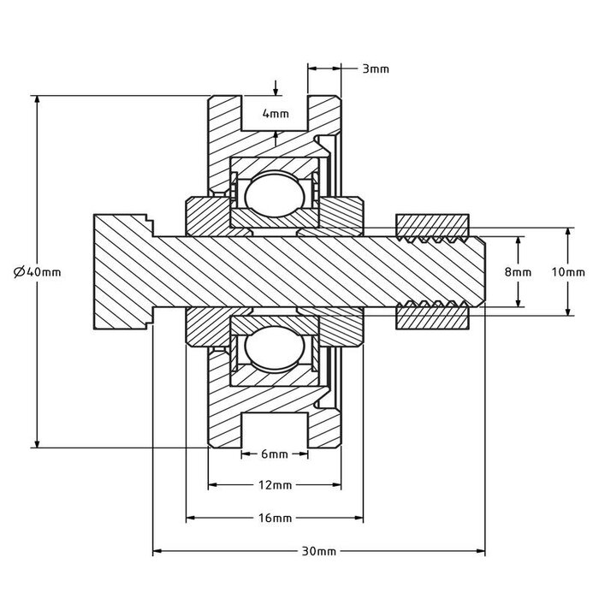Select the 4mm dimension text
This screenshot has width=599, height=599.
pyautogui.click(x=275, y=113)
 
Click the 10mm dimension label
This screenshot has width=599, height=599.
pyautogui.click(x=568, y=271)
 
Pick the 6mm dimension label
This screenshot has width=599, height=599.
pyautogui.click(x=273, y=454)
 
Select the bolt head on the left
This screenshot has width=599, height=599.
pyautogui.click(x=120, y=271)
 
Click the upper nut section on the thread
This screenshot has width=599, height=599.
pyautogui.click(x=433, y=225)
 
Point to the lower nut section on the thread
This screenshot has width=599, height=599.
pyautogui.click(x=433, y=317)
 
